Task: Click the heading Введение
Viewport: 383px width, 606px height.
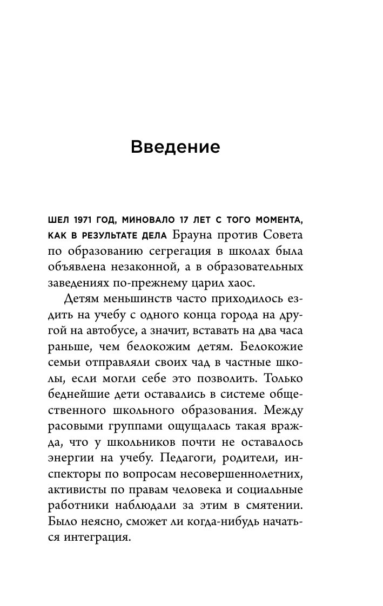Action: pos(176,147)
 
